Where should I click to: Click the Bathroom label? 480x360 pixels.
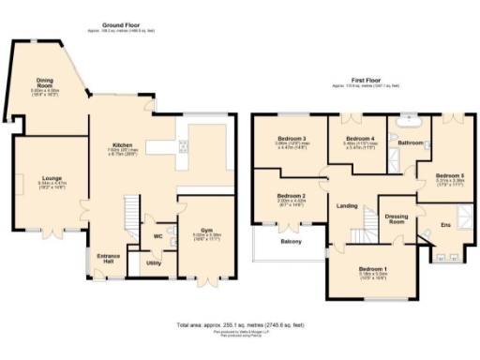point(411,143)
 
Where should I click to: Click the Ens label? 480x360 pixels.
point(445,225)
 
